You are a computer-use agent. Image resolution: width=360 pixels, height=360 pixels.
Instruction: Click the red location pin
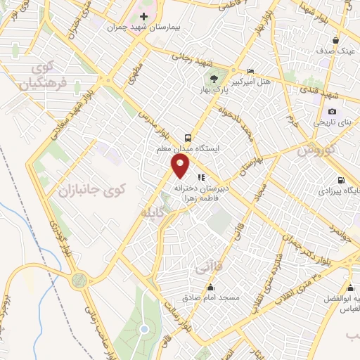[181, 166]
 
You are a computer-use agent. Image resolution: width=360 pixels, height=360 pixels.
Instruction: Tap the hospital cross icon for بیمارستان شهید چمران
[143, 16]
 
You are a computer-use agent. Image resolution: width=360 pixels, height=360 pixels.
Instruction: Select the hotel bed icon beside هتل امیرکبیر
[251, 72]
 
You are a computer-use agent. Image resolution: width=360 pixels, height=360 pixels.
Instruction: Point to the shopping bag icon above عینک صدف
[335, 40]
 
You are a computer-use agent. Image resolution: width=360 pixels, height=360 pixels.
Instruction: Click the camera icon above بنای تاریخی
[332, 112]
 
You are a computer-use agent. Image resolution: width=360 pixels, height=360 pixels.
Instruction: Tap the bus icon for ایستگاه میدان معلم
[188, 138]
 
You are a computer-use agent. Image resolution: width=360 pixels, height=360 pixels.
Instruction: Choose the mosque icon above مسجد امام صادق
[210, 287]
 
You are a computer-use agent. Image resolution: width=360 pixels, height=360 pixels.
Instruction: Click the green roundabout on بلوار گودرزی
[80, 280]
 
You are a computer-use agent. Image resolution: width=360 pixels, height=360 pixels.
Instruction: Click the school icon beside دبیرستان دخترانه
[200, 177]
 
